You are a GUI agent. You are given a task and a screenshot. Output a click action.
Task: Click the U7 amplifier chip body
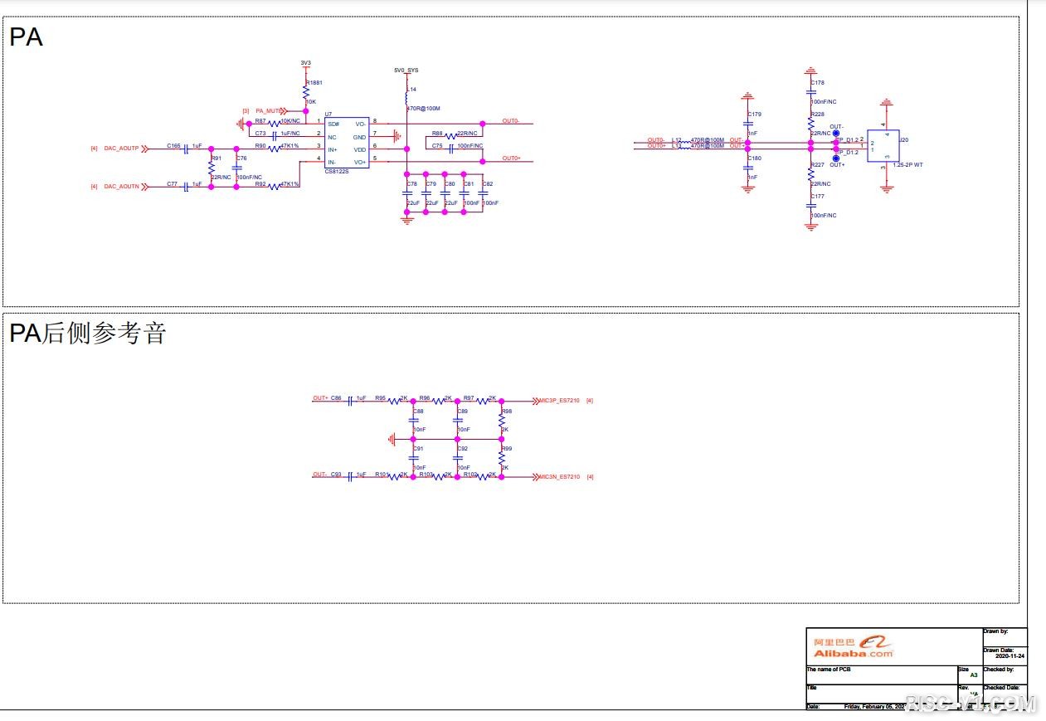(348, 143)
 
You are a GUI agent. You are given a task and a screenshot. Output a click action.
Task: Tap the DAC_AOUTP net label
(121, 149)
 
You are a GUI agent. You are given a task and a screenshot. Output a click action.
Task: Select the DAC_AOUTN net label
(121, 187)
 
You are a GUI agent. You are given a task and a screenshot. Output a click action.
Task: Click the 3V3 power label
(305, 63)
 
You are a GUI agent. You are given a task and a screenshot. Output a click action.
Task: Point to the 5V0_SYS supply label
(406, 71)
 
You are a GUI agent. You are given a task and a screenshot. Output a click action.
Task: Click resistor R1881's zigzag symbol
(305, 92)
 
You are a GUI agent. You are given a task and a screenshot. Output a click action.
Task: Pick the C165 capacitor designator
(173, 146)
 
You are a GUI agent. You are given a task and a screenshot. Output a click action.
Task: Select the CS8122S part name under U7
(337, 172)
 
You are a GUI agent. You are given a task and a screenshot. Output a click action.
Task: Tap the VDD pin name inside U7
(359, 149)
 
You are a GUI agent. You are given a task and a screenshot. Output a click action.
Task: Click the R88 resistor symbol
(450, 136)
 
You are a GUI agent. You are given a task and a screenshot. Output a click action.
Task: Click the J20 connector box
(883, 145)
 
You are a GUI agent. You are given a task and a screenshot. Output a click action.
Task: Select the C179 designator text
(754, 114)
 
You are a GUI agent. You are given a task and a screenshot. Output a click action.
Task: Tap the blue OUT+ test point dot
(835, 158)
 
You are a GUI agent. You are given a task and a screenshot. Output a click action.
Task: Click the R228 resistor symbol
(811, 123)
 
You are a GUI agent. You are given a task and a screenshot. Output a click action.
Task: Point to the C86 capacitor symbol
(351, 400)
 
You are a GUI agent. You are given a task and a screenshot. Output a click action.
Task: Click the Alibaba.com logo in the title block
(854, 646)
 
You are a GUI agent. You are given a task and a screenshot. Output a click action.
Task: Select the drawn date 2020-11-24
(1010, 656)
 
